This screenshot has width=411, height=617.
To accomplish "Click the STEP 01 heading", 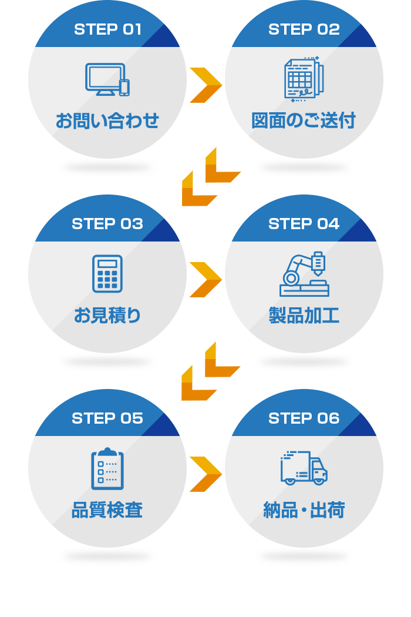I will (107, 29).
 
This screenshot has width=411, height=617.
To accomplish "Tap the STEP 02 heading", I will (304, 29).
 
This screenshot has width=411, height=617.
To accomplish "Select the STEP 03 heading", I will (107, 224).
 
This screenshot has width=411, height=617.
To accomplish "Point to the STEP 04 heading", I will (304, 224).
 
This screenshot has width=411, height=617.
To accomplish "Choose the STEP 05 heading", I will (107, 418).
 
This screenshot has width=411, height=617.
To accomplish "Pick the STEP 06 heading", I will (304, 418).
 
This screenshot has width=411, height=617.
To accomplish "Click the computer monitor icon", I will (107, 79).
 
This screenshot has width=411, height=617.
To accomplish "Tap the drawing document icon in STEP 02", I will (304, 79).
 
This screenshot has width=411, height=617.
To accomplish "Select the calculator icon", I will (107, 274).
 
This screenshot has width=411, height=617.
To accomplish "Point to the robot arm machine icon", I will (304, 274).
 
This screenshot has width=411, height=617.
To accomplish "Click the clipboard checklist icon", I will (107, 468).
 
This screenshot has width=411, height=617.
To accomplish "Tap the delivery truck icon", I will (304, 468).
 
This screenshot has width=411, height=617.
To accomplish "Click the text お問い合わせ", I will (107, 121).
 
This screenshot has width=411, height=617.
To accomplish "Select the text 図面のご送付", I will (304, 121).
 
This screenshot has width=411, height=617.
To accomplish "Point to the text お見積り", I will (107, 316).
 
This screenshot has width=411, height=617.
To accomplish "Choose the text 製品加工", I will (304, 316).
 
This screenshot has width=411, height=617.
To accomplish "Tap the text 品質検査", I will (107, 510).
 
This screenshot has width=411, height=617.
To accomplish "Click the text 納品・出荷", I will (304, 510).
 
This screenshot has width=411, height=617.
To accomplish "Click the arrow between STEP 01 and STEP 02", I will (206, 85).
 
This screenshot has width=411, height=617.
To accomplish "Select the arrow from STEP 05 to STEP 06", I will (206, 474).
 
